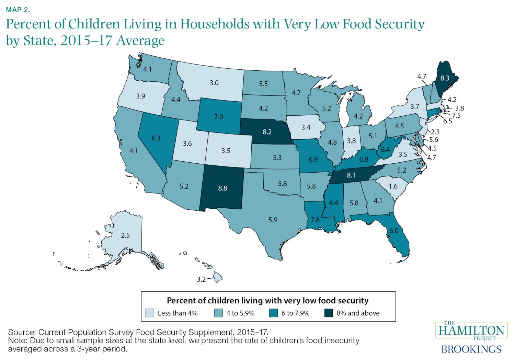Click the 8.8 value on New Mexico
click(x=222, y=188)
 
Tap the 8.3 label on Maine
click(x=445, y=78)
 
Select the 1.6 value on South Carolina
click(x=393, y=186)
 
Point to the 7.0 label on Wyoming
click(x=218, y=117)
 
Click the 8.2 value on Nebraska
click(x=267, y=132)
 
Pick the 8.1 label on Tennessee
click(x=351, y=175)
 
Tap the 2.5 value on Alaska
click(x=125, y=235)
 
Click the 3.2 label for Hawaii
click(x=201, y=279)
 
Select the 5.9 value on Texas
click(x=273, y=220)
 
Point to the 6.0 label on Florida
click(x=394, y=231)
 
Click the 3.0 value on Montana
click(x=214, y=83)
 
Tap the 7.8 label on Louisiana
click(x=315, y=220)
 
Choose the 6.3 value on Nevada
click(x=156, y=138)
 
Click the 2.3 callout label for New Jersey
click(x=435, y=132)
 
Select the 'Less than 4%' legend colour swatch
click(x=150, y=313)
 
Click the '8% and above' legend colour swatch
click(x=329, y=313)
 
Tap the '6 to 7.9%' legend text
click(x=295, y=313)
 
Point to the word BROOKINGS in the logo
click(x=471, y=349)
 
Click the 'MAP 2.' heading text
click(x=18, y=10)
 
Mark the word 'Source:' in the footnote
click(x=22, y=332)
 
